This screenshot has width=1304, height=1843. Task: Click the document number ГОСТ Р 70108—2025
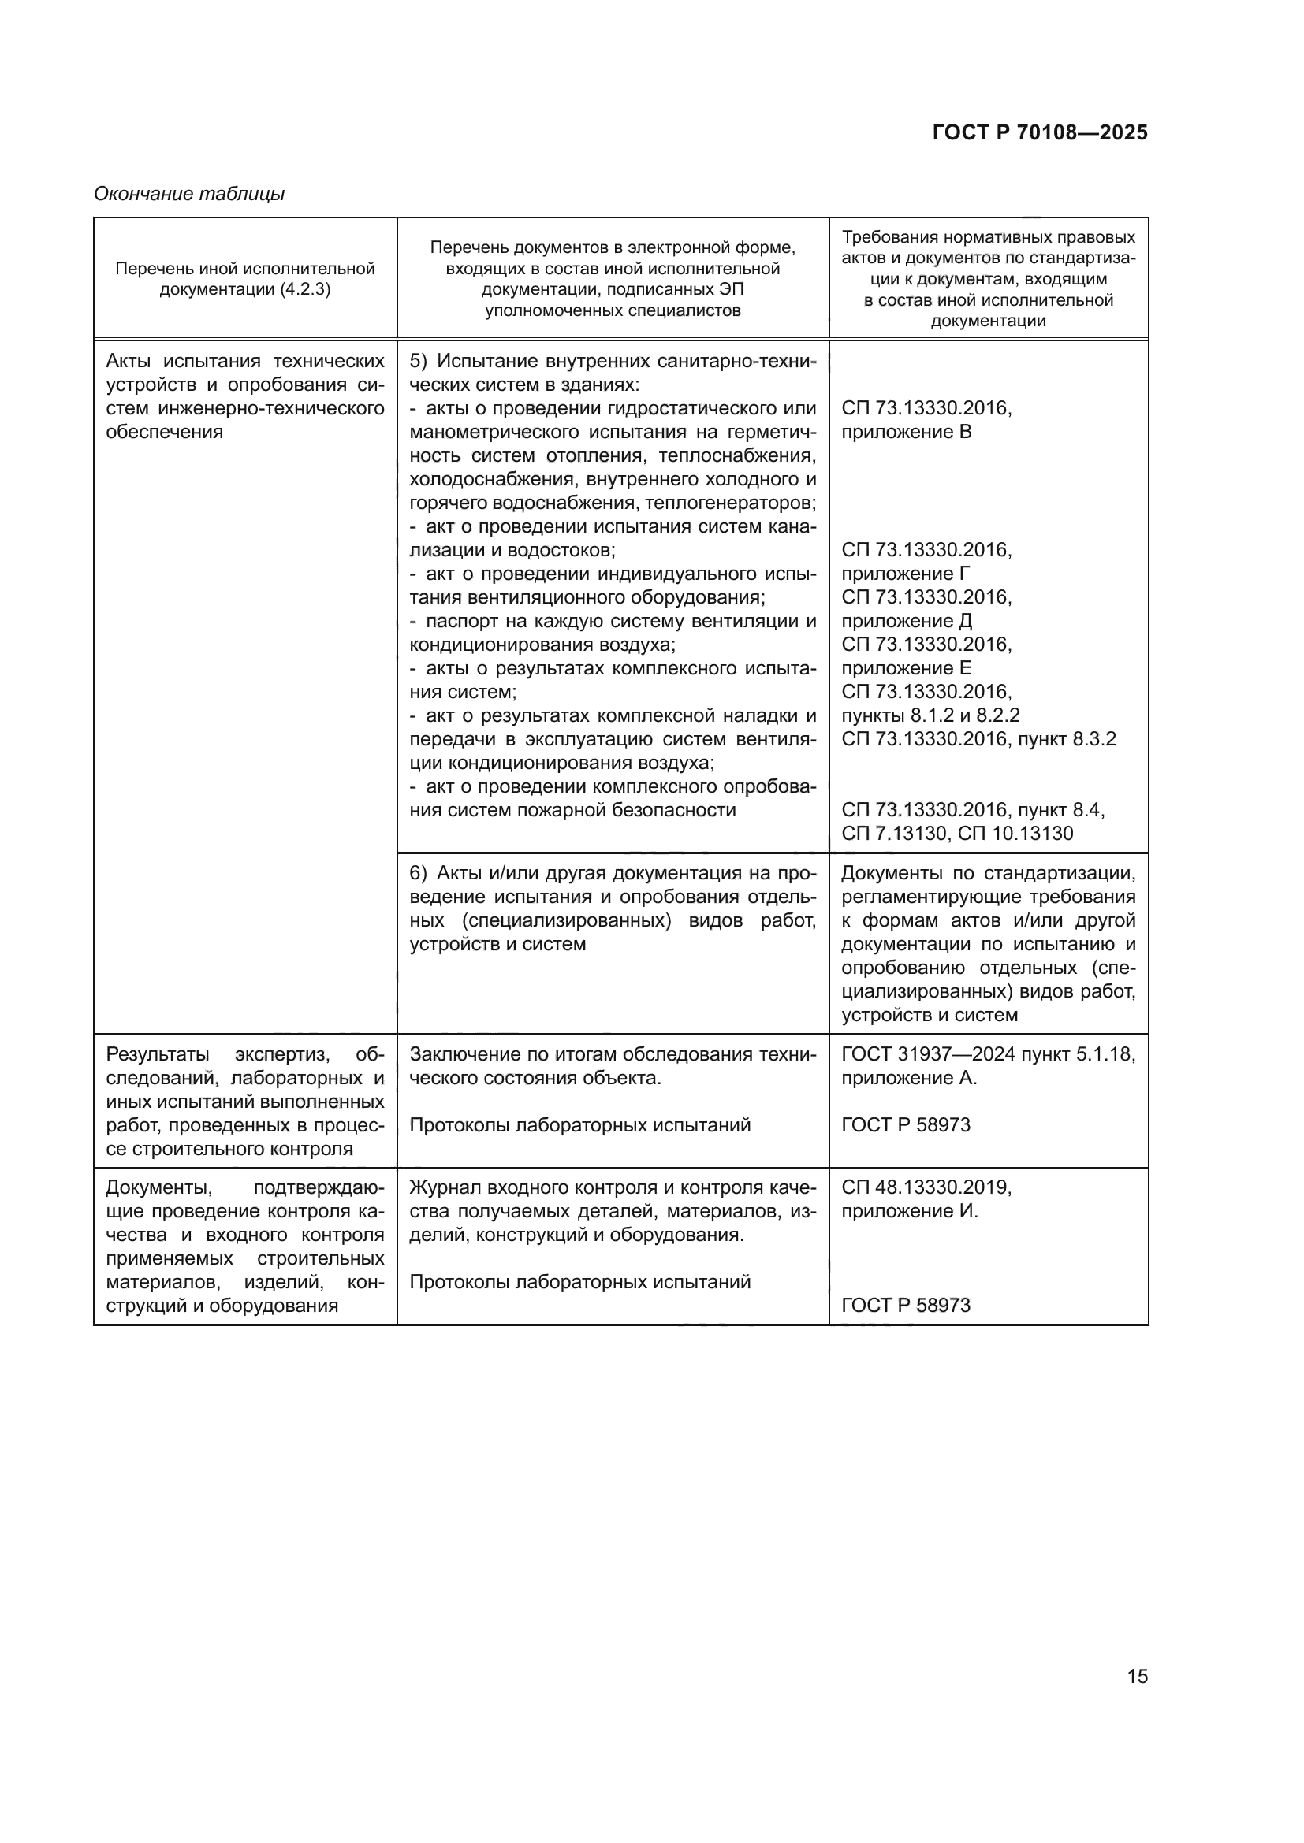coord(1040,132)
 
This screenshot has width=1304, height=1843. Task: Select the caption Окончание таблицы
coord(188,194)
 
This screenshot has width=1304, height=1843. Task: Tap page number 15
coord(1137,1676)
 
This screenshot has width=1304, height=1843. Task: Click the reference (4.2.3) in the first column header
coord(305,289)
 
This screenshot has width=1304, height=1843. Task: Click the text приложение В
coord(906,432)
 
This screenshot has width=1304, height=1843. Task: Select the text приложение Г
coord(905,574)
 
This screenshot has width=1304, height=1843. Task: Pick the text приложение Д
coord(907,620)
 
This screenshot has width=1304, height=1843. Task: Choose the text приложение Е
coord(906,668)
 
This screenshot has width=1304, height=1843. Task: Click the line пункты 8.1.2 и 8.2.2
coord(930,715)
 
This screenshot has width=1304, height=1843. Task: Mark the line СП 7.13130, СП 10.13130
coord(956,833)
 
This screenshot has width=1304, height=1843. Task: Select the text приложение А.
coord(908,1078)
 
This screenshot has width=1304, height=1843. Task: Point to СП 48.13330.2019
coord(926,1187)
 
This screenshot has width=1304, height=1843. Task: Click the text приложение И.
coord(909,1210)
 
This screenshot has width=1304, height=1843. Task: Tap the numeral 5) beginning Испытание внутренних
coord(419,361)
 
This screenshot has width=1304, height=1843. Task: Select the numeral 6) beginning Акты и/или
coord(419,873)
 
